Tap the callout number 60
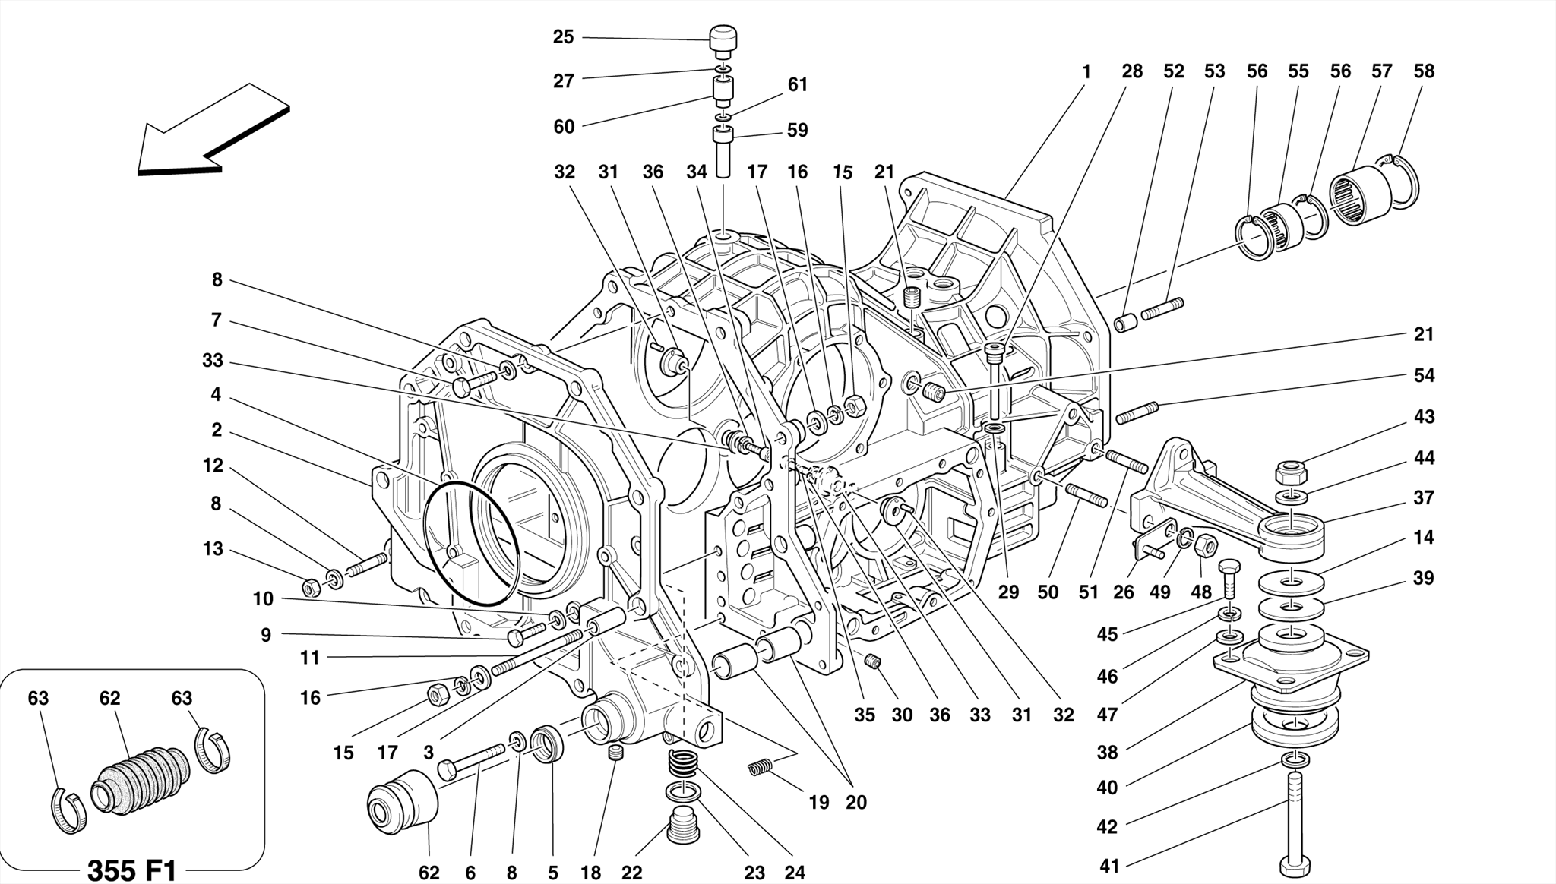(564, 127)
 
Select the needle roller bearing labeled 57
(1361, 191)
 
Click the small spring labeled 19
(760, 768)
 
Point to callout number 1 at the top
(1086, 72)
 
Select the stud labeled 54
(1137, 413)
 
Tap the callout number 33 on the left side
(213, 361)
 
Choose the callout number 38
(1108, 753)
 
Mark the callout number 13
(213, 549)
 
